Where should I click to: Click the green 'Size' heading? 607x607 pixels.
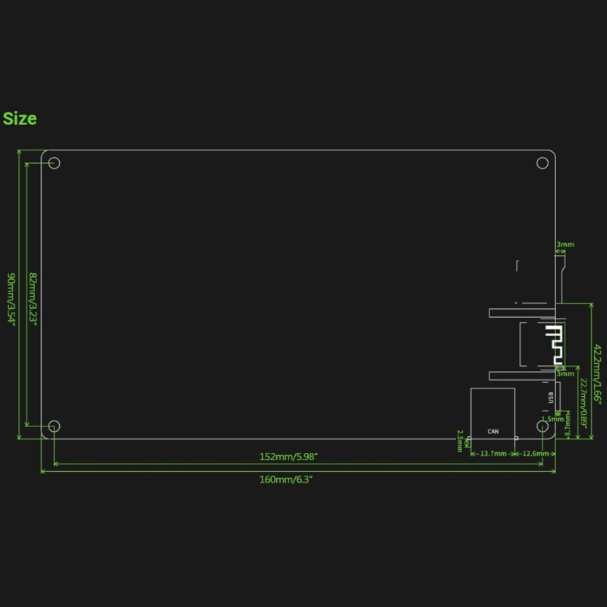click(20, 119)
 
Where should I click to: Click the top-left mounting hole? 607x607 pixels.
click(54, 163)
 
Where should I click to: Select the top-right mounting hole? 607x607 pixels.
click(543, 162)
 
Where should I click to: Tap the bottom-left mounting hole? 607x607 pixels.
click(54, 426)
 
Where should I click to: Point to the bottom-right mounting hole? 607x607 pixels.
click(543, 426)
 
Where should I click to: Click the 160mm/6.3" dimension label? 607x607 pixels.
click(286, 480)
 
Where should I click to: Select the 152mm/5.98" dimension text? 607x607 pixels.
click(288, 457)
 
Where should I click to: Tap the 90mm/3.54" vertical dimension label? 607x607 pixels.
click(11, 297)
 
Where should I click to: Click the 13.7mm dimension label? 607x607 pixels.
click(493, 454)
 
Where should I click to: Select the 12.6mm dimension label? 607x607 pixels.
click(536, 454)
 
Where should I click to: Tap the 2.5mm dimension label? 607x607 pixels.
click(460, 441)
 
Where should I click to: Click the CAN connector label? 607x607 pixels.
click(493, 432)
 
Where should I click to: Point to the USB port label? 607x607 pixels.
click(549, 397)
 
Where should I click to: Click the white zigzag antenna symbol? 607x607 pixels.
click(555, 345)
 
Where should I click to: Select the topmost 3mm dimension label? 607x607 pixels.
click(565, 245)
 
